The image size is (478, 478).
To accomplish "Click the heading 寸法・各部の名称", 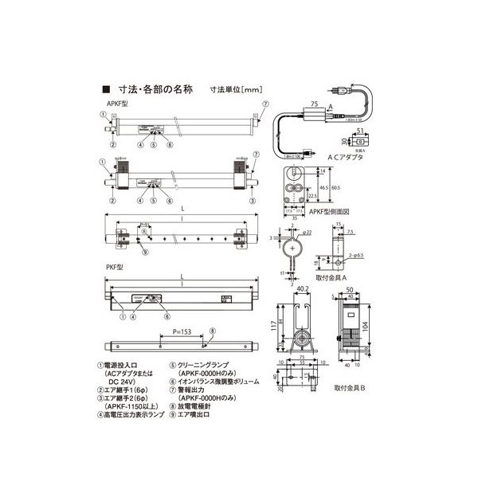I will point(149,90).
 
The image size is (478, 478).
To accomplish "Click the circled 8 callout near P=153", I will point(213,331).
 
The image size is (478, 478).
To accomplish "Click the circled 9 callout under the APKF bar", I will point(143,252).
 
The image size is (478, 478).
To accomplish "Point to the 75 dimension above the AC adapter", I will point(313,104).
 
